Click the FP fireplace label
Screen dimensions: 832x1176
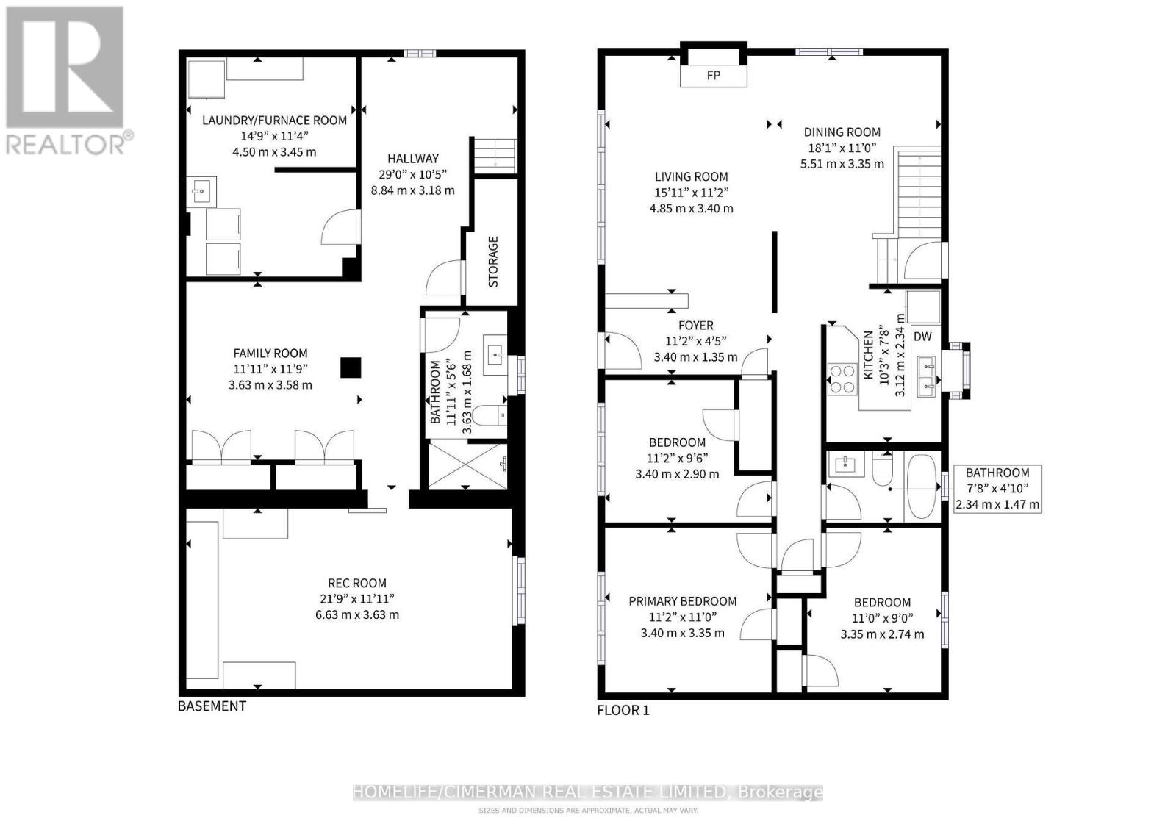coord(713,76)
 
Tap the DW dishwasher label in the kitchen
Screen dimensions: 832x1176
coord(922,337)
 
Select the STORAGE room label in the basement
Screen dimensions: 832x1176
coord(493,261)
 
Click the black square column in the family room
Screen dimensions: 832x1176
coord(351,367)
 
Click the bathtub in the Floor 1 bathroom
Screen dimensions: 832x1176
coord(921,487)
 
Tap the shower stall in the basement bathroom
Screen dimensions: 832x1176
coord(467,465)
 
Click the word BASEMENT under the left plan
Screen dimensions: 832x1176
coord(212,706)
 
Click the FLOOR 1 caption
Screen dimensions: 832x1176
coord(623,711)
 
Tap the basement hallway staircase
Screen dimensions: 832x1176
coord(494,155)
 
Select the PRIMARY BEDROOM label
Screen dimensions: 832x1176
coord(682,601)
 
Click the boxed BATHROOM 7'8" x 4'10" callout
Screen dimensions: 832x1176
coord(997,489)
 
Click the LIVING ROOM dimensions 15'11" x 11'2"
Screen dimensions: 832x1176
coord(691,193)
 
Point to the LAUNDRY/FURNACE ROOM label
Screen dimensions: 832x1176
coord(274,120)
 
